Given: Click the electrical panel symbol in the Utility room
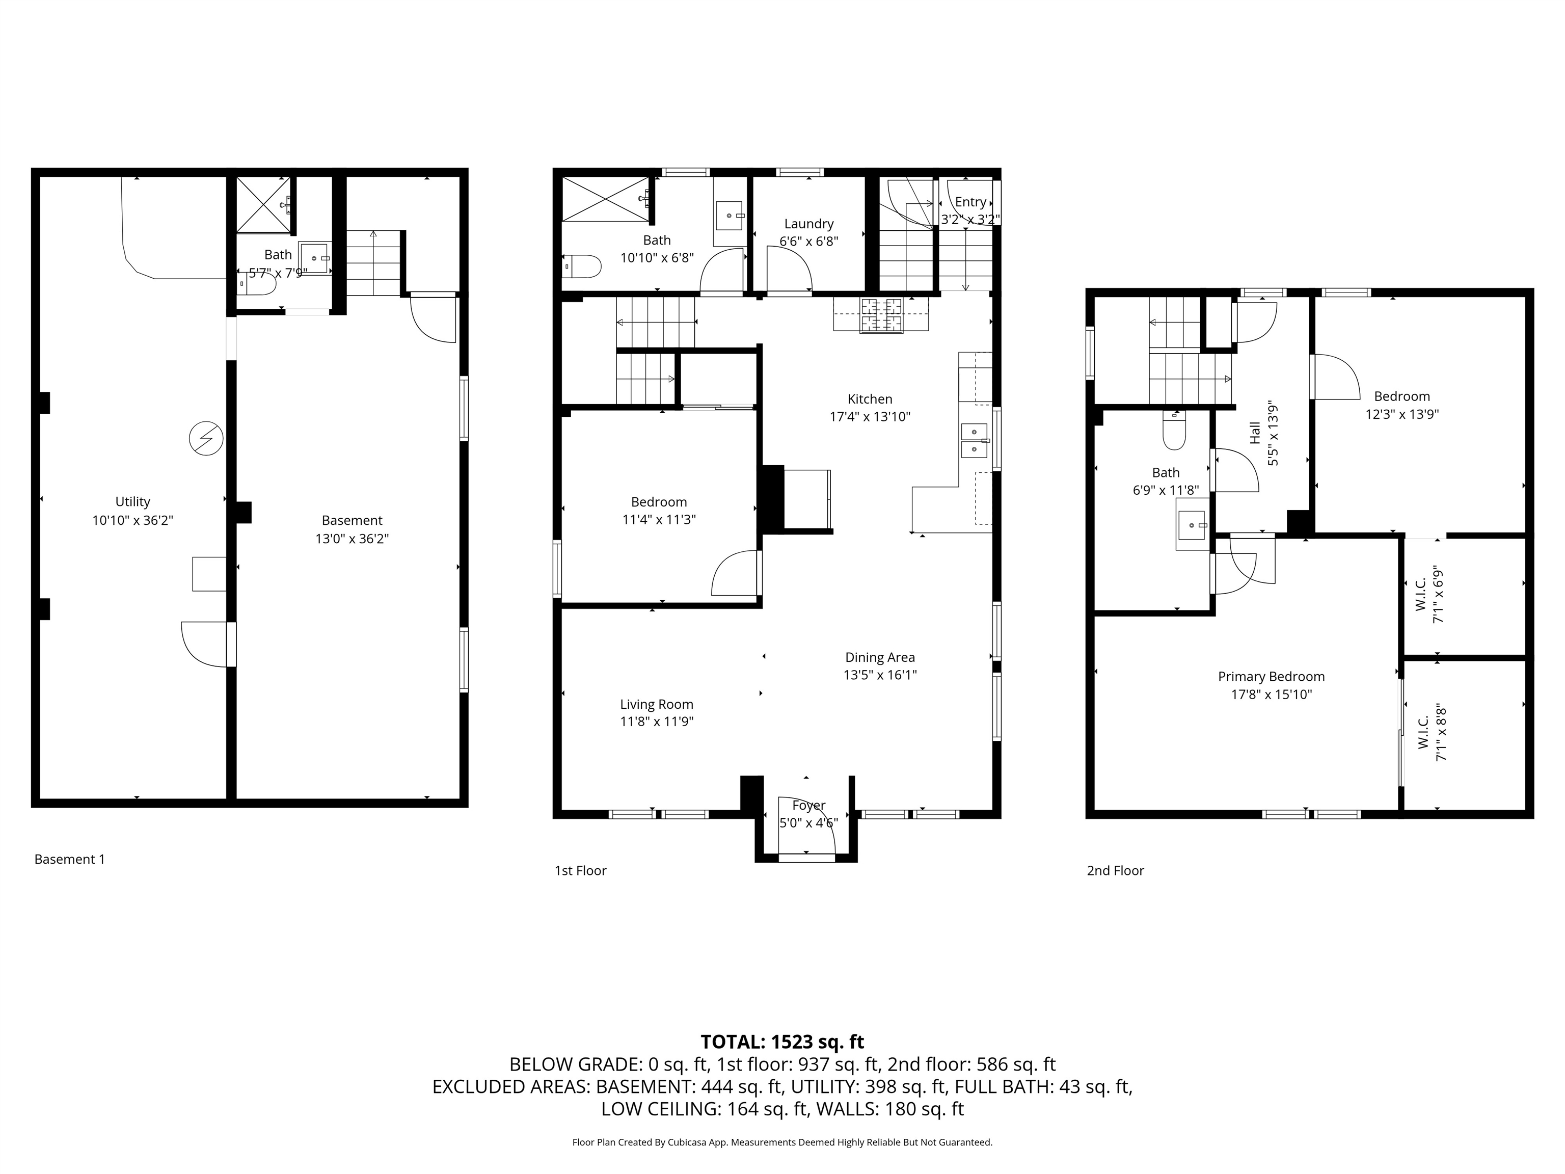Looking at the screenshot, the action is [x=206, y=439].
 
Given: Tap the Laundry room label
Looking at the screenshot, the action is [x=808, y=224].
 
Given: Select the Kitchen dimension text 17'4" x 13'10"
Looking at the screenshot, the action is [x=870, y=417].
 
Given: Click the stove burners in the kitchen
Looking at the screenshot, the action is [x=881, y=315].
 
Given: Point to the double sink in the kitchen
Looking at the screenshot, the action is [x=974, y=440].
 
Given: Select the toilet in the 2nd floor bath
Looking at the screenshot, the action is [x=1174, y=431].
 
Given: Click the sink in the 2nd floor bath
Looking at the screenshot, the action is [x=1193, y=524].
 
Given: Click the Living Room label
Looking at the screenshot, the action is [x=657, y=704].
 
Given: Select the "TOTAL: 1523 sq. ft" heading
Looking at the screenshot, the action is [x=782, y=1042].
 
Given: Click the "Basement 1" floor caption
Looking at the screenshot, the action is [x=69, y=859].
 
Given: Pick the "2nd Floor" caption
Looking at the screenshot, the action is [x=1115, y=870].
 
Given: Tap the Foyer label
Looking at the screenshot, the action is [x=808, y=805].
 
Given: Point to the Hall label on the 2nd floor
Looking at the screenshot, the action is [x=1255, y=433].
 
